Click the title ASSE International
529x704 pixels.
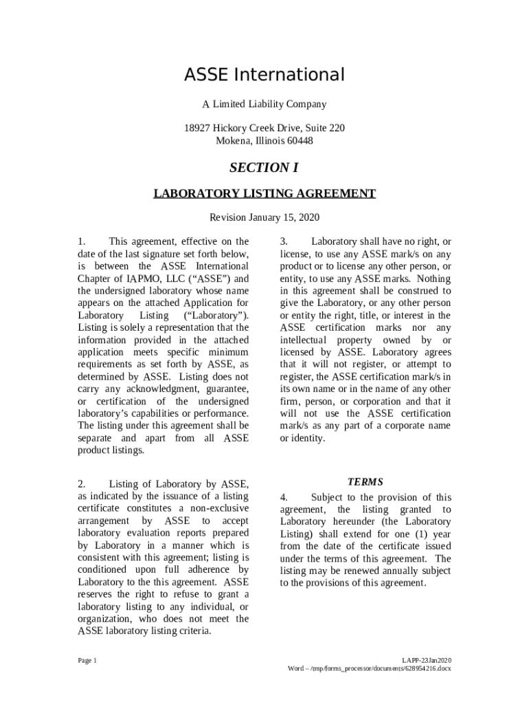coord(264,75)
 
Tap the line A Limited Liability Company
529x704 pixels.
coord(264,104)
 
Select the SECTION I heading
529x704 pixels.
coord(264,168)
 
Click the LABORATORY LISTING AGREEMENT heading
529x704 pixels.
coord(264,194)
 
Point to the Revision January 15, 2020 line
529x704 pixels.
coord(264,218)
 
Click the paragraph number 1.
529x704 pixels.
coord(81,242)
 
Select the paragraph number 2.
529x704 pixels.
coord(81,484)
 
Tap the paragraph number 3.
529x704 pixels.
coord(284,242)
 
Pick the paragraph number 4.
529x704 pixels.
coord(284,497)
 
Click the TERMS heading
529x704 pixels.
coord(365,483)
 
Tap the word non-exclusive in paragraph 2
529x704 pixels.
coord(219,509)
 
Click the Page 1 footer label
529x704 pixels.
coord(87,661)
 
